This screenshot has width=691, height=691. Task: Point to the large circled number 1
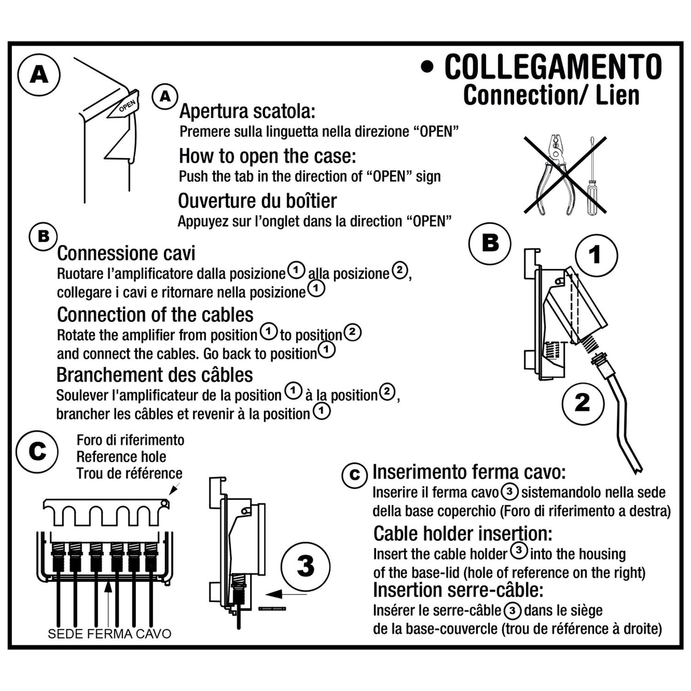596,255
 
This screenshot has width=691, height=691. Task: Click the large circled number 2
583,404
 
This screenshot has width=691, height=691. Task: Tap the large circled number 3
306,567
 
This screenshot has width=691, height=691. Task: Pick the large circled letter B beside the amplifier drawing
490,243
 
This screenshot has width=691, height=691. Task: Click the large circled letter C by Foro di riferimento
37,452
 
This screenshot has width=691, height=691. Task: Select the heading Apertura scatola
247,111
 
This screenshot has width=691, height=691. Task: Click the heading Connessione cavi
126,253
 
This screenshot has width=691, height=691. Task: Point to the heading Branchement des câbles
154,375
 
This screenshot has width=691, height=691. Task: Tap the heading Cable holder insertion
462,534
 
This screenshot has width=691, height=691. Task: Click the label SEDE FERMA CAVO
110,634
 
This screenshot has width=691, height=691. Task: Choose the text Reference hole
121,457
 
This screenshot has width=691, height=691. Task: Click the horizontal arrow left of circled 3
286,594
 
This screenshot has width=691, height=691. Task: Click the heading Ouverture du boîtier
257,201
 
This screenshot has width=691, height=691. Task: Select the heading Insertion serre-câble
458,590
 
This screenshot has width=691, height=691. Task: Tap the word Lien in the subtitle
617,95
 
